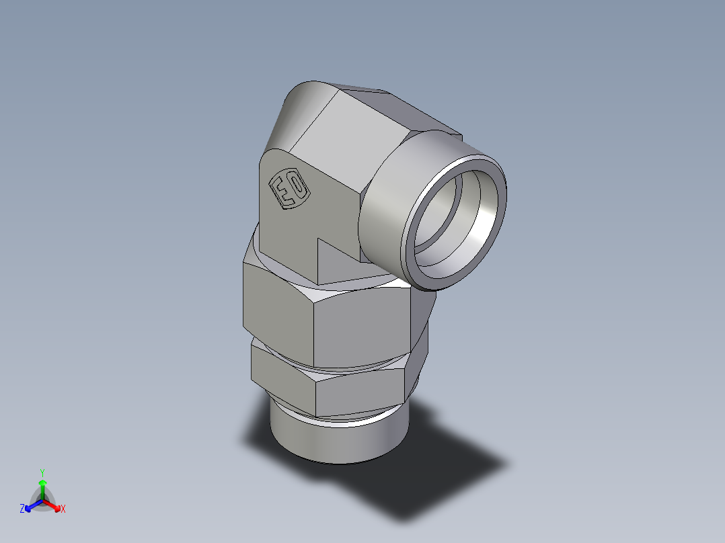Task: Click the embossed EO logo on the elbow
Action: [289, 189]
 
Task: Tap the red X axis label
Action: [63, 509]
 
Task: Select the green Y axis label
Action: [42, 472]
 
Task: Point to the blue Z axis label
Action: [22, 509]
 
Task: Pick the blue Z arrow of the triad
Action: [31, 505]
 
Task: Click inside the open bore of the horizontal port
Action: [457, 222]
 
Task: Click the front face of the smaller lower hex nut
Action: [356, 393]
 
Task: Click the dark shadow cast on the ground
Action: [430, 470]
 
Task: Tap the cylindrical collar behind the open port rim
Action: [387, 202]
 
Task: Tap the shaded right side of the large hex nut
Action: [420, 323]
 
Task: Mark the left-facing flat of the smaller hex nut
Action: [282, 373]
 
